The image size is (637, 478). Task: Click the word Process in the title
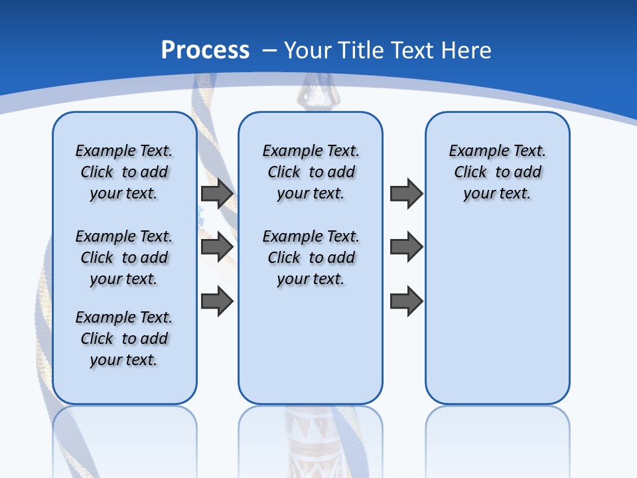coord(205,50)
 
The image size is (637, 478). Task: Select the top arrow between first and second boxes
coord(217,194)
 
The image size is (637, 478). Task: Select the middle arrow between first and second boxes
coord(217,248)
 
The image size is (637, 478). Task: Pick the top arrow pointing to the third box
coord(406,194)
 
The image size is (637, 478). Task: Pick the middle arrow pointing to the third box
coord(406,248)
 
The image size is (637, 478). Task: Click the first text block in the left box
coord(124,172)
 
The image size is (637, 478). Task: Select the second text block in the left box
coord(124,258)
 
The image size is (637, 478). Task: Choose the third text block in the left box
coord(124,339)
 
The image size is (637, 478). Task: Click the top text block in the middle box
coord(311,172)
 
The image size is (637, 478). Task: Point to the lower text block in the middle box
coord(311,258)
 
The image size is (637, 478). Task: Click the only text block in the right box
coord(497,172)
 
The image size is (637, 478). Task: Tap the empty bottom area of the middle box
coord(311,352)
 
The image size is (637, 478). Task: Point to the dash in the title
coord(270,50)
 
